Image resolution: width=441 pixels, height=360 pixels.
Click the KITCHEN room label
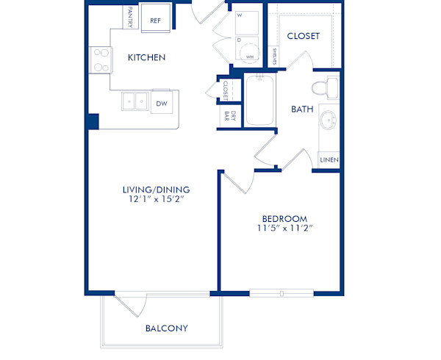146,57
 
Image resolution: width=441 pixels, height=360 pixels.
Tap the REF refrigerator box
156,21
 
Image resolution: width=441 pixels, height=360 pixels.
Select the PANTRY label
130,18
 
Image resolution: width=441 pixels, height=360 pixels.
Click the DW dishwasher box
161,104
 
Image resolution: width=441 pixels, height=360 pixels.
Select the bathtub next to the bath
259,101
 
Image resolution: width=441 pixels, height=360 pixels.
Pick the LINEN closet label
328,159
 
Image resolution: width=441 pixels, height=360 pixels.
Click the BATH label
301,109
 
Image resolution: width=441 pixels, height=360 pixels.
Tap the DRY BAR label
224,115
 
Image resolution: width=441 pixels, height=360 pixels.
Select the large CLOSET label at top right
303,36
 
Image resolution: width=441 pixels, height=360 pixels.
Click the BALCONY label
166,328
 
